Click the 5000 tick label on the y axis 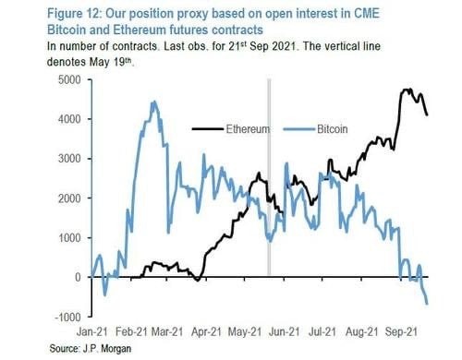pyautogui.click(x=69, y=80)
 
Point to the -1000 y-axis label pyautogui.click(x=67, y=317)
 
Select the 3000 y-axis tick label pyautogui.click(x=69, y=159)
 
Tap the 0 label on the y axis pyautogui.click(x=78, y=277)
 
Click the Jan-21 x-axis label pyautogui.click(x=92, y=331)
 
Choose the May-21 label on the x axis pyautogui.click(x=245, y=331)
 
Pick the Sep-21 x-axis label pyautogui.click(x=402, y=331)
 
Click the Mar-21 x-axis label pyautogui.click(x=167, y=331)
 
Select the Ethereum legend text pyautogui.click(x=248, y=129)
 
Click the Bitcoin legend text pyautogui.click(x=333, y=129)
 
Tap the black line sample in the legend pyautogui.click(x=208, y=129)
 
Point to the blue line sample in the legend pyautogui.click(x=299, y=129)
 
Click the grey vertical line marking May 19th pyautogui.click(x=269, y=177)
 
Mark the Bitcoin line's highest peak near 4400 pyautogui.click(x=154, y=102)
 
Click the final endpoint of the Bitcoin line pyautogui.click(x=427, y=304)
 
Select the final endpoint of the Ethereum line pyautogui.click(x=427, y=115)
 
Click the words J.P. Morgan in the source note pyautogui.click(x=107, y=349)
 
